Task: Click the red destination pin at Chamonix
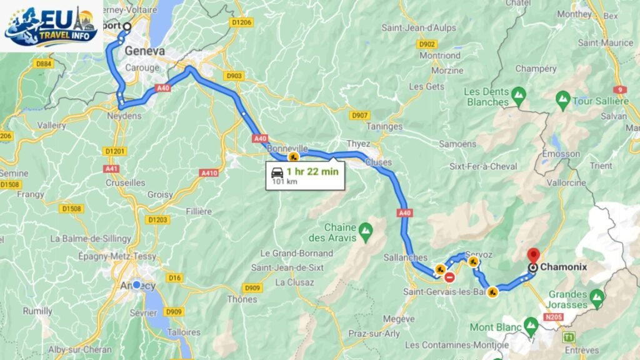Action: [x=533, y=256]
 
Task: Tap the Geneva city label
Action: [x=144, y=51]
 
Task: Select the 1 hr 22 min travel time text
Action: [x=312, y=171]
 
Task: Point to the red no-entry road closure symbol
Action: [x=449, y=277]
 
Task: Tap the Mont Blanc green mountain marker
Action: [x=531, y=324]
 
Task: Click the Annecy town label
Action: [x=137, y=286]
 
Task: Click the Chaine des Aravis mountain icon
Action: [x=366, y=232]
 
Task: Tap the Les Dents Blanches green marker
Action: [x=518, y=96]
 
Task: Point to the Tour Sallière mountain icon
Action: [x=563, y=99]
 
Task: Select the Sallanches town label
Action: [x=406, y=257]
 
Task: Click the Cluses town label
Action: [x=379, y=162]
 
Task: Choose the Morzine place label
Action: [x=447, y=71]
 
